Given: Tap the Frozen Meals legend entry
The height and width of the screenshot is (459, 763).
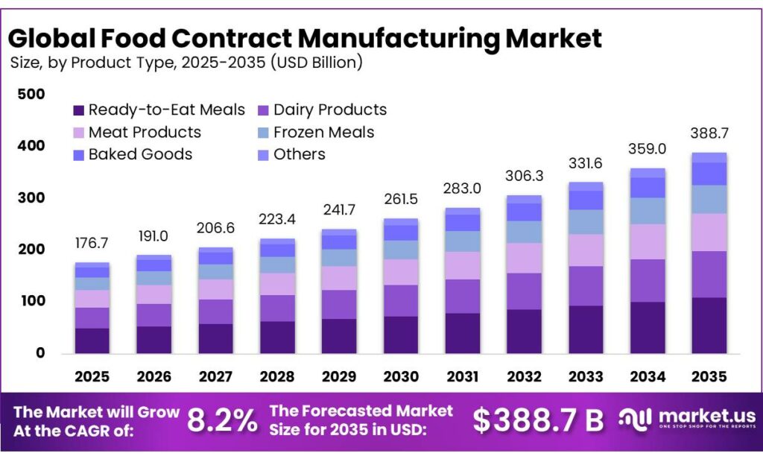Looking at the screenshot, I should coord(316,133).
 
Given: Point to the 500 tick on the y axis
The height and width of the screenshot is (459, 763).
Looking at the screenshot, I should coord(31,95).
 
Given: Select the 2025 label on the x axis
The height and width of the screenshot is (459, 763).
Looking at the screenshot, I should coord(92,378).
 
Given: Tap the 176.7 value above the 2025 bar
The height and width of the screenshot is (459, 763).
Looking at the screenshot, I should coord(92,244).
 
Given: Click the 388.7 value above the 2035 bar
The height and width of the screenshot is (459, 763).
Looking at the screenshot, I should coord(709,134).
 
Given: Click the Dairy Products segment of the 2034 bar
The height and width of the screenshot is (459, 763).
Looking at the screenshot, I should coord(647,281).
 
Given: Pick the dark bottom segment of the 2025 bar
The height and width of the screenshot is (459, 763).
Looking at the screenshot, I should coord(92,341).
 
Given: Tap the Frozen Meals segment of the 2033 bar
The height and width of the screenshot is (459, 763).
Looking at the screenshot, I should coord(586,222).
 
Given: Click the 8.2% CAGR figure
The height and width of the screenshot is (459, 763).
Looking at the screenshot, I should coord(221,421).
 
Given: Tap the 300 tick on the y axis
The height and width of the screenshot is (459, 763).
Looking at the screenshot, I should coord(31,198).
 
